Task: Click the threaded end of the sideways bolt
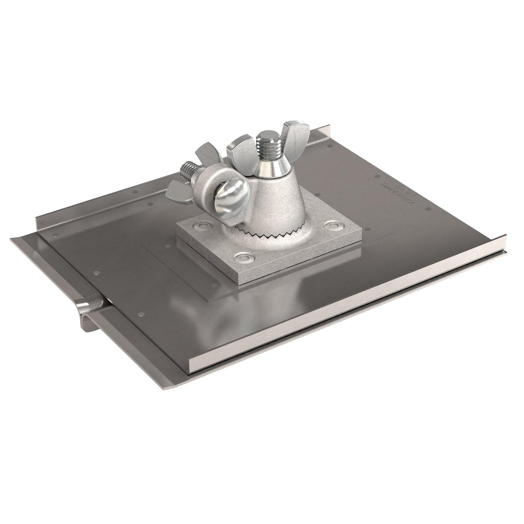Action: (x=186, y=170)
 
